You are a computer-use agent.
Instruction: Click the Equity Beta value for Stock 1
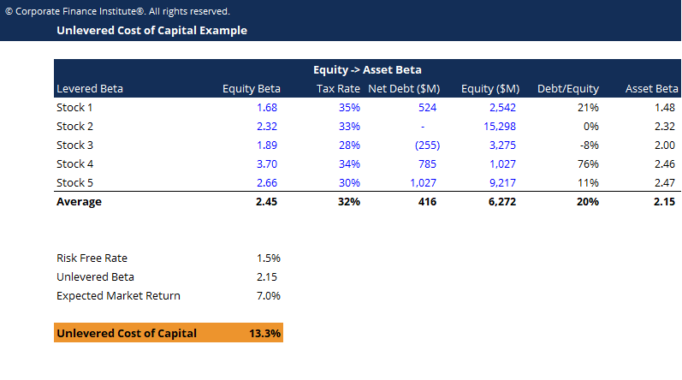point(267,108)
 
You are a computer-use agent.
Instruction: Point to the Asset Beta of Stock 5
point(663,183)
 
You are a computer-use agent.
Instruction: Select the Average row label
point(79,202)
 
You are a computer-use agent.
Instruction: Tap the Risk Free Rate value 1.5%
point(268,258)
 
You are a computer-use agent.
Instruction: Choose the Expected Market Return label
point(118,296)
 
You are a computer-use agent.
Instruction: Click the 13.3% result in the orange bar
point(264,333)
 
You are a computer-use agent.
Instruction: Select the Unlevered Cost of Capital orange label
point(126,333)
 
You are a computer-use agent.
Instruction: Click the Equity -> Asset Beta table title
point(367,70)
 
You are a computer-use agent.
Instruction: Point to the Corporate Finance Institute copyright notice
point(117,11)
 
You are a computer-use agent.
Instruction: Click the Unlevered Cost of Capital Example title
point(151,31)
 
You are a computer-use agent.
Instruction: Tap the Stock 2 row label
point(74,127)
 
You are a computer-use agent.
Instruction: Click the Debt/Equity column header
point(567,89)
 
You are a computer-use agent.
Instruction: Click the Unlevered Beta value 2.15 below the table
point(267,277)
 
